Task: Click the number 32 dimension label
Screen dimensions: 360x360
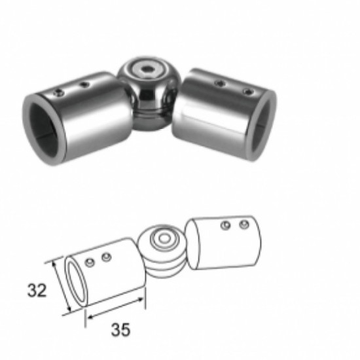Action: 37,291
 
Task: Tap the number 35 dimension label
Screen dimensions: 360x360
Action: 121,330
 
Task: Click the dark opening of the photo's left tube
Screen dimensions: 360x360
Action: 43,130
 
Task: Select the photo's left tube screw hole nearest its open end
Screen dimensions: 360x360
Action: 58,93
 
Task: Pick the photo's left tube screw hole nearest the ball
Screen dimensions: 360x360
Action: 84,84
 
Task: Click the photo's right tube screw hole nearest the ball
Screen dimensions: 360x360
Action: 221,83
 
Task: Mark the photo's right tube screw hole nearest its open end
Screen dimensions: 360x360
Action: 249,92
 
